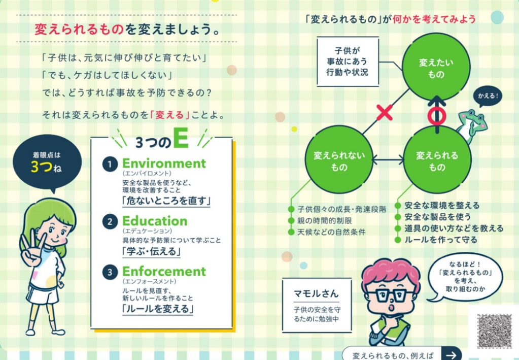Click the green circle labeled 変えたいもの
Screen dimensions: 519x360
(436, 68)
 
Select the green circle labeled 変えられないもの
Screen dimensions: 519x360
(339, 159)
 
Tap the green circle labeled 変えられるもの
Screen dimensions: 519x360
(437, 160)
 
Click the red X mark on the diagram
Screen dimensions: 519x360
(385, 113)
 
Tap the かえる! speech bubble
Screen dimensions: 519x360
(488, 96)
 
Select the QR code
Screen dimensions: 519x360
(495, 331)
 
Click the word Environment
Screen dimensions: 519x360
(164, 163)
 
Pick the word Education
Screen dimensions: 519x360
(155, 221)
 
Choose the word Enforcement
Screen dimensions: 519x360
(164, 271)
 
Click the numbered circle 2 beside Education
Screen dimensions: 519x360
(110, 221)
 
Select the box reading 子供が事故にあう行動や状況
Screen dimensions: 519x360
(348, 61)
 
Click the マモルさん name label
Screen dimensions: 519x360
(316, 293)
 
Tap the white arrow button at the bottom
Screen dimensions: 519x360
(452, 354)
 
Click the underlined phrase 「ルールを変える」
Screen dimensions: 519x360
(158, 309)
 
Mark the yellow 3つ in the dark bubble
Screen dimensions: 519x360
(42, 167)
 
